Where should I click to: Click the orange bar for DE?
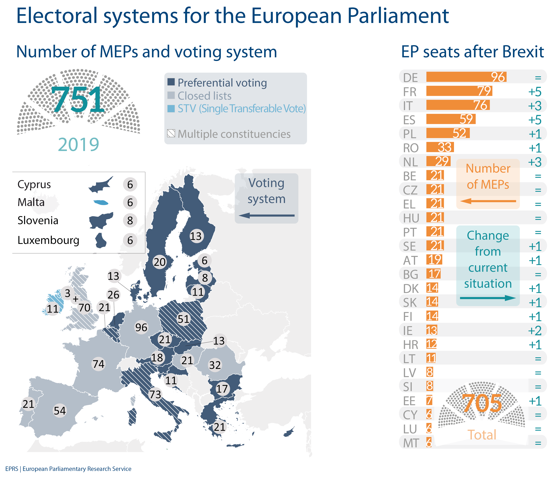pyautogui.click(x=466, y=77)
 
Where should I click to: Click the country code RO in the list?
pyautogui.click(x=411, y=148)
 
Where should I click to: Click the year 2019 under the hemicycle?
pyautogui.click(x=79, y=145)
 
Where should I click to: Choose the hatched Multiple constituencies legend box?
pyautogui.click(x=171, y=133)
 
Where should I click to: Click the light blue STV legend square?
pyautogui.click(x=171, y=109)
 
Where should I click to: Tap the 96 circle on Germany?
pyautogui.click(x=141, y=327)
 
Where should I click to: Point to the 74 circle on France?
pyautogui.click(x=98, y=364)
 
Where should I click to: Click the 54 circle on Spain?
pyautogui.click(x=60, y=411)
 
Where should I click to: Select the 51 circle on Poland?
pyautogui.click(x=183, y=319)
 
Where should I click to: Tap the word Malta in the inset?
pyautogui.click(x=31, y=202)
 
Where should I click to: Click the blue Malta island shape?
pyautogui.click(x=101, y=202)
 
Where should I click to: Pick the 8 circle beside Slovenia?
pyautogui.click(x=130, y=220)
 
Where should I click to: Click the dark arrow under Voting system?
pyautogui.click(x=267, y=215)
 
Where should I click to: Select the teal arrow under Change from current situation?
pyautogui.click(x=488, y=298)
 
